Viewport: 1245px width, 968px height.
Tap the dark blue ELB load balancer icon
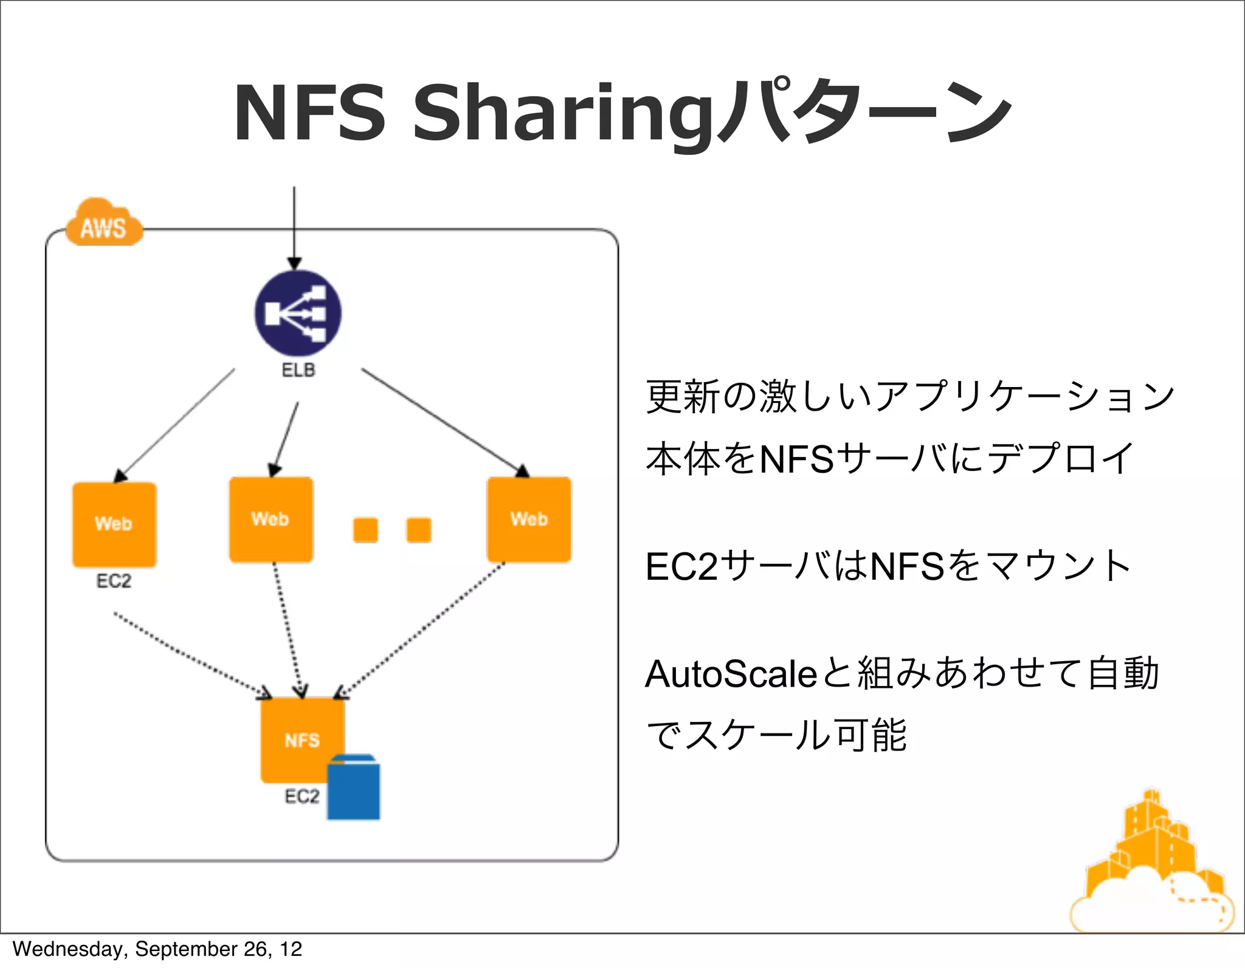(x=298, y=313)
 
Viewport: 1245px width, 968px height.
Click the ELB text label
(x=298, y=370)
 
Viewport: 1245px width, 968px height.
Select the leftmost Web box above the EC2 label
(x=114, y=524)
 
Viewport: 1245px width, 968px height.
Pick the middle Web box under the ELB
(x=271, y=520)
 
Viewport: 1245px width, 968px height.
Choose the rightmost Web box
(x=529, y=520)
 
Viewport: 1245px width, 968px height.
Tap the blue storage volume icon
(x=353, y=788)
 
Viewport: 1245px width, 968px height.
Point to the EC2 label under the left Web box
(x=114, y=581)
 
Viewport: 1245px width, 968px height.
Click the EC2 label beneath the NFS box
(x=302, y=796)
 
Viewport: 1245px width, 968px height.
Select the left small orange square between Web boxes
(x=365, y=530)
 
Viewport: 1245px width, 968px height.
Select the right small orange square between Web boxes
(x=419, y=530)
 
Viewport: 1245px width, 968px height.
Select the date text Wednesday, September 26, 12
(x=157, y=949)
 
